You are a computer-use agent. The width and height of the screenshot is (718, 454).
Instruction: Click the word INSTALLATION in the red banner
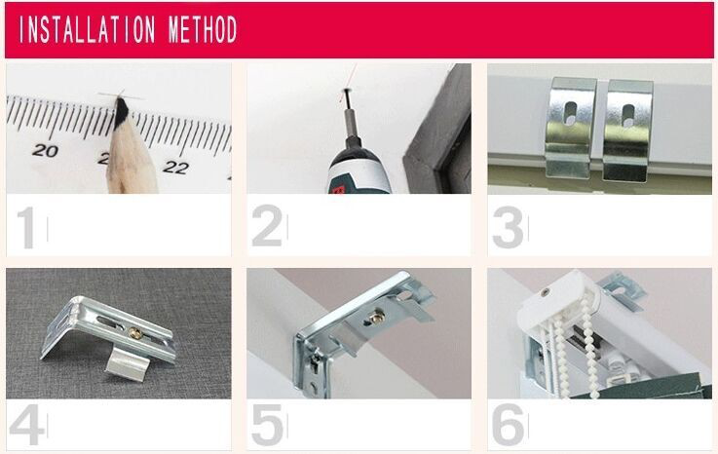88,30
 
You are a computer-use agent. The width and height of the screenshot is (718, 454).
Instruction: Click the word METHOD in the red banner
203,29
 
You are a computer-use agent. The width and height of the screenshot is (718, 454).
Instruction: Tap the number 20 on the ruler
45,150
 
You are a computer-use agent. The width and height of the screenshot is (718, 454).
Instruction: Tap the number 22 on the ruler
175,168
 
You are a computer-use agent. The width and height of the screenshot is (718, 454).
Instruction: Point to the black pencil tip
122,111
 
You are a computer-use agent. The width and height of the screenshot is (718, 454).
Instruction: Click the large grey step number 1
26,228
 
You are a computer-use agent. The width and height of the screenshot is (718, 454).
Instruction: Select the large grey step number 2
267,226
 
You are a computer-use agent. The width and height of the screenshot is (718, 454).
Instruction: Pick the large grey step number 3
508,228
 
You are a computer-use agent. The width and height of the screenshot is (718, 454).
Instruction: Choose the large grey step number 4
26,424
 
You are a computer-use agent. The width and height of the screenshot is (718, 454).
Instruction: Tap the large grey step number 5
267,424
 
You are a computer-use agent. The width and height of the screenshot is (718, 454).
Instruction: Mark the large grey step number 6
509,424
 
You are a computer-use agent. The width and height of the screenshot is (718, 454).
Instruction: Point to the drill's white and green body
359,170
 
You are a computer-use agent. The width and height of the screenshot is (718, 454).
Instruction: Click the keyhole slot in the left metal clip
571,114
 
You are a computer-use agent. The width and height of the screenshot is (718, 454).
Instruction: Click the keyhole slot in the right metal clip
628,115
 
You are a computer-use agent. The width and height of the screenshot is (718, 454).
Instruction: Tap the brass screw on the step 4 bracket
134,333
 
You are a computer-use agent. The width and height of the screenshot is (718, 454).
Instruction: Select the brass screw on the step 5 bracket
377,317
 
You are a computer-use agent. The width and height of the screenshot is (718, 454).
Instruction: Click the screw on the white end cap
545,292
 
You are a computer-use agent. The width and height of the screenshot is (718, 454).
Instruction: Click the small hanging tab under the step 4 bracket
128,364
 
